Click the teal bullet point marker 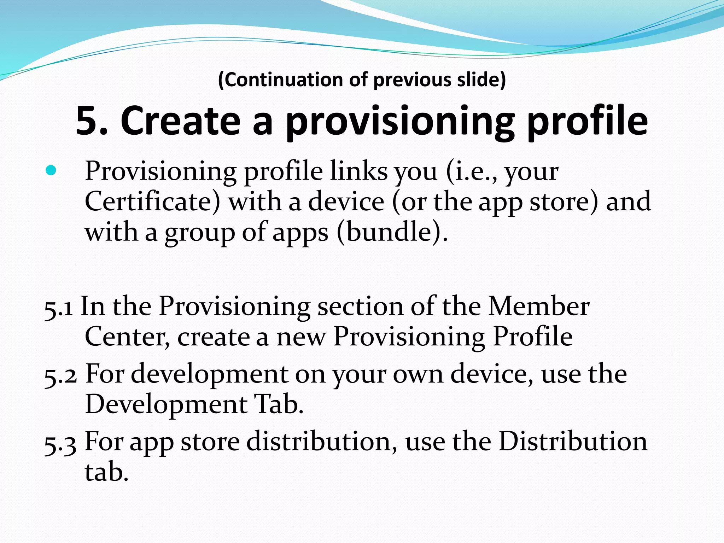point(51,171)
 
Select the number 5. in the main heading point(92,121)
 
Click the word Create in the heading point(180,121)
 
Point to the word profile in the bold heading point(587,122)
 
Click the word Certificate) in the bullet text point(152,202)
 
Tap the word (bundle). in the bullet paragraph point(392,233)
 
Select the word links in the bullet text point(359,171)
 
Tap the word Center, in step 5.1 point(127,337)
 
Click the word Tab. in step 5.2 point(279,404)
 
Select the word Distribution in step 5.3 point(573,442)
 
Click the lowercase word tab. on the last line point(106,472)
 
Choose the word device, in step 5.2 point(492,374)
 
